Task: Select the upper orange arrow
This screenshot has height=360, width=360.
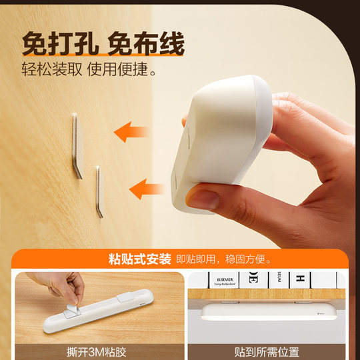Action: click(131, 131)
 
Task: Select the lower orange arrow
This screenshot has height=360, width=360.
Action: click(147, 189)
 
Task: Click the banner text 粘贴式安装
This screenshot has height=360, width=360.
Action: click(139, 259)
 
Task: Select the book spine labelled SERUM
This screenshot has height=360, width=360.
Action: click(274, 279)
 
